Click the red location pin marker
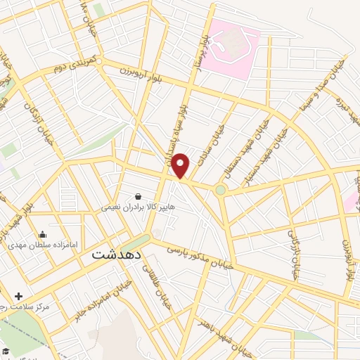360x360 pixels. coord(181,165)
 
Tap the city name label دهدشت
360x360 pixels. coord(117,255)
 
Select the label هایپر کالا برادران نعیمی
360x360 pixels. coord(138,207)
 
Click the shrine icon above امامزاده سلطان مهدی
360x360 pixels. coord(43,235)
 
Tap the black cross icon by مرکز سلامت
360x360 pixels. coord(18,297)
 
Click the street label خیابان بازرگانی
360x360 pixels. coord(293,254)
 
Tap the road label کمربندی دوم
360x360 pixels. coord(72,67)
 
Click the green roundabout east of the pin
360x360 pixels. coord(221,190)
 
